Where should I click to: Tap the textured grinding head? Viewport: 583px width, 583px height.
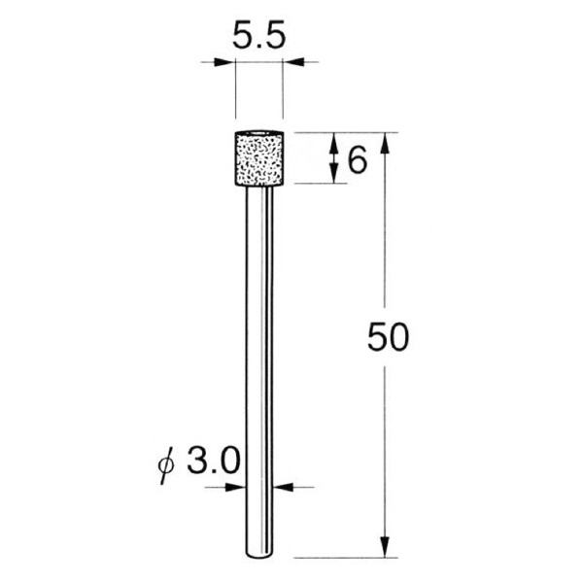(x=258, y=156)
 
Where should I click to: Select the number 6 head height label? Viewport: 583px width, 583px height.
(x=357, y=159)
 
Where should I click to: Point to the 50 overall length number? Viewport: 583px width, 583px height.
(x=390, y=339)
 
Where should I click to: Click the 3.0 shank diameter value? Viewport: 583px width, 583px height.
(x=211, y=459)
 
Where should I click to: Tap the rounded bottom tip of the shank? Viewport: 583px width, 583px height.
(x=258, y=555)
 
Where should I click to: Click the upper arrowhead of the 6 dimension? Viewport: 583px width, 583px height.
(x=334, y=141)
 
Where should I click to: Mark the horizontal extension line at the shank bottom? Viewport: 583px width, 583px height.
(x=340, y=559)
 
